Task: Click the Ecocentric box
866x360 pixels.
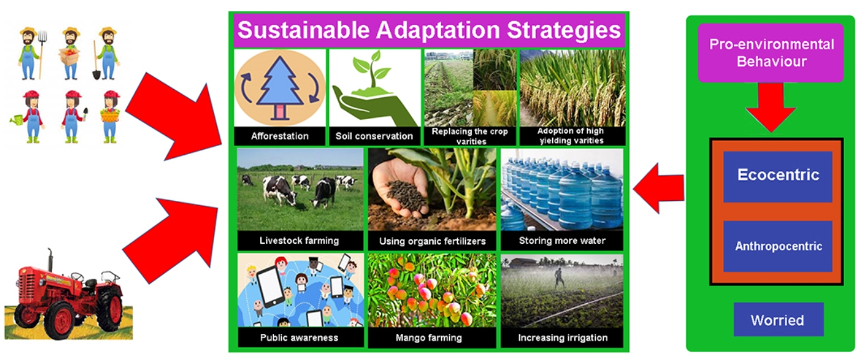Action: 777,176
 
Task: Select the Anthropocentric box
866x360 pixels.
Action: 777,246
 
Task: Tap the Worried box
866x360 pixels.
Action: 777,320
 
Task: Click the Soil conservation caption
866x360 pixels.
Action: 374,136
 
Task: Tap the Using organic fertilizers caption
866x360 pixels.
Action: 432,241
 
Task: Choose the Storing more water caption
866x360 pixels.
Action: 562,241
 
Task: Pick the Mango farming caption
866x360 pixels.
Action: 432,338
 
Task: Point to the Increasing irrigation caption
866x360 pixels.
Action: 562,338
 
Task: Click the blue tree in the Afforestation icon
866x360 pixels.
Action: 280,87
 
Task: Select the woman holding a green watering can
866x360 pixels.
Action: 29,116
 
